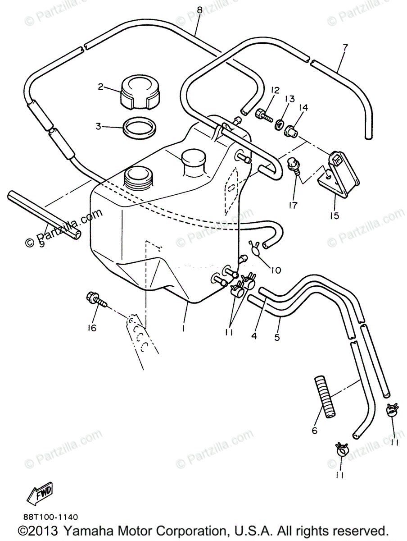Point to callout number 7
coord(345,46)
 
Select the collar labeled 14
coord(290,131)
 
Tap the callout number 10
coord(275,270)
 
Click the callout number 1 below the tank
coord(184,329)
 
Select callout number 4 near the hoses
coord(254,336)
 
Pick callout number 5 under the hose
coord(277,337)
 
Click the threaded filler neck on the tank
coord(139,179)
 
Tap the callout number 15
coord(334,215)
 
